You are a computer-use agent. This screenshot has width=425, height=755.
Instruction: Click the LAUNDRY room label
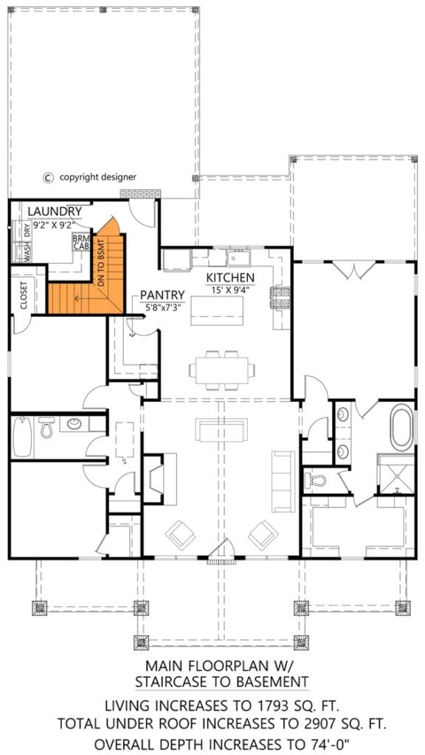pyautogui.click(x=55, y=212)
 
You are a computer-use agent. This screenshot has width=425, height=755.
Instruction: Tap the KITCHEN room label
pyautogui.click(x=230, y=277)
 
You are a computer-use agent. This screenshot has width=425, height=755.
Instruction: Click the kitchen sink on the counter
pyautogui.click(x=238, y=258)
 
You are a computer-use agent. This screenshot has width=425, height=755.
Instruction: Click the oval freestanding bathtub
pyautogui.click(x=403, y=428)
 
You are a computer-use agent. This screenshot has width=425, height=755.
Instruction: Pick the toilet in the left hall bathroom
pyautogui.click(x=46, y=427)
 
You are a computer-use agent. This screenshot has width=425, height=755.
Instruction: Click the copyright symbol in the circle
pyautogui.click(x=48, y=177)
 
